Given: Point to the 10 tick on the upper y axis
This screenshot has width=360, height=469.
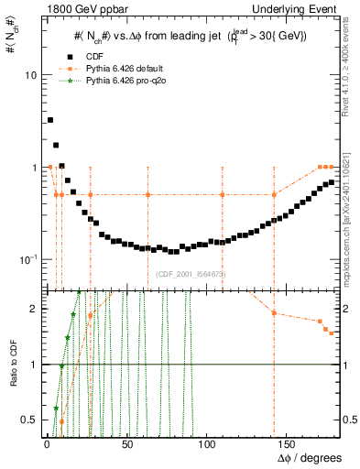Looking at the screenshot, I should point(32,75).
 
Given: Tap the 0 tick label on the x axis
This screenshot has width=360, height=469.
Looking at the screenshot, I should point(46,443).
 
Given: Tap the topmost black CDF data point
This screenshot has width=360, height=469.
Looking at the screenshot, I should point(50,120).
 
